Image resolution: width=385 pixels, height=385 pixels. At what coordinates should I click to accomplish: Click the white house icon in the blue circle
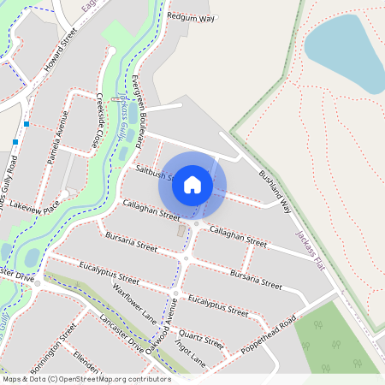192,185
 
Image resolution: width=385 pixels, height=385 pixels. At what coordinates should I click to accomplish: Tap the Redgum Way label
190,16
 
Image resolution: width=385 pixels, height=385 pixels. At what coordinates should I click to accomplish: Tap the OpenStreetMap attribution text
86,378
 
